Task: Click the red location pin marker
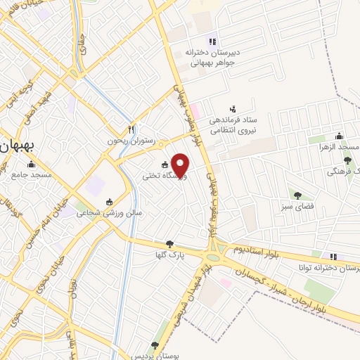point(181,165)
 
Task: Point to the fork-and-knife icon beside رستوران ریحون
point(131,129)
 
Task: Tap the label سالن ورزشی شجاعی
point(110,212)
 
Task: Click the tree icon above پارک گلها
point(169,244)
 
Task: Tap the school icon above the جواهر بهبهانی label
point(212,41)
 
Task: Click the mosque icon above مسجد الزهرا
point(340,136)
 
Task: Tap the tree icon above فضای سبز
point(297,195)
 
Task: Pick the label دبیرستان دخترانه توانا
point(330,268)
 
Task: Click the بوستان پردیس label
point(160,356)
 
